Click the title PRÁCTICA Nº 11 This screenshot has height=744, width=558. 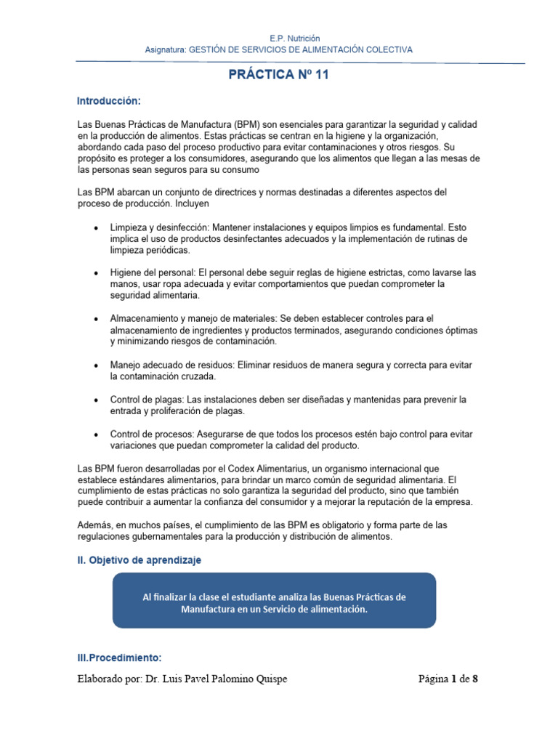click(x=280, y=74)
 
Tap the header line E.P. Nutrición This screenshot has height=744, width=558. click(x=279, y=38)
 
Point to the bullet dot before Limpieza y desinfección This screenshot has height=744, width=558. click(x=97, y=228)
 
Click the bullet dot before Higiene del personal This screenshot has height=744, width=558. click(x=97, y=272)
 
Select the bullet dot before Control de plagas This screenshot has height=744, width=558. click(x=97, y=400)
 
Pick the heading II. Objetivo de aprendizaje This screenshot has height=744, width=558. click(x=139, y=560)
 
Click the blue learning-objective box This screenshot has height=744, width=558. click(x=274, y=600)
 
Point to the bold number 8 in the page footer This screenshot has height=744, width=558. click(x=475, y=679)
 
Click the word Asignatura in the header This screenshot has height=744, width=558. click(x=166, y=49)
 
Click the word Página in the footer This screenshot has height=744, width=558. click(x=434, y=679)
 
